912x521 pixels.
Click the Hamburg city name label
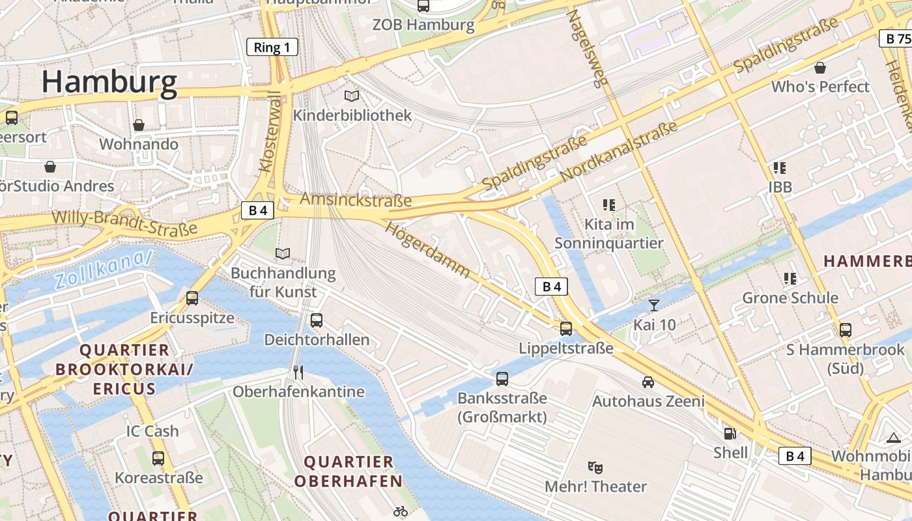[x=109, y=83]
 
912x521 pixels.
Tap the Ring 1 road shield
[x=272, y=47]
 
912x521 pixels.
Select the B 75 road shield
[x=896, y=38]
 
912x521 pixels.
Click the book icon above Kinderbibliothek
[x=352, y=96]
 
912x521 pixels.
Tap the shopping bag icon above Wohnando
[x=139, y=125]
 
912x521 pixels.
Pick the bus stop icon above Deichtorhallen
[x=317, y=320]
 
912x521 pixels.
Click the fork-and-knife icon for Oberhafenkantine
[x=298, y=373]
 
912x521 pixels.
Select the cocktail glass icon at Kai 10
[x=654, y=305]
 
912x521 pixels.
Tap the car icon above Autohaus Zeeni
[x=648, y=382]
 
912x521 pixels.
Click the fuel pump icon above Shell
[x=730, y=433]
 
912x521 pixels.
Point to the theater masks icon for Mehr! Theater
[x=595, y=467]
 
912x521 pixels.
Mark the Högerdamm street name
[x=427, y=249]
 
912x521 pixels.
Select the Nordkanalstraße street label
[x=618, y=152]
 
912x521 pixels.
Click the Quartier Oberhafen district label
[x=349, y=472]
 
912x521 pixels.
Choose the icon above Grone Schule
[x=790, y=279]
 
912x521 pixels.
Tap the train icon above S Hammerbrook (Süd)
[x=846, y=330]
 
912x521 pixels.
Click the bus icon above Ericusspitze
[x=192, y=298]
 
